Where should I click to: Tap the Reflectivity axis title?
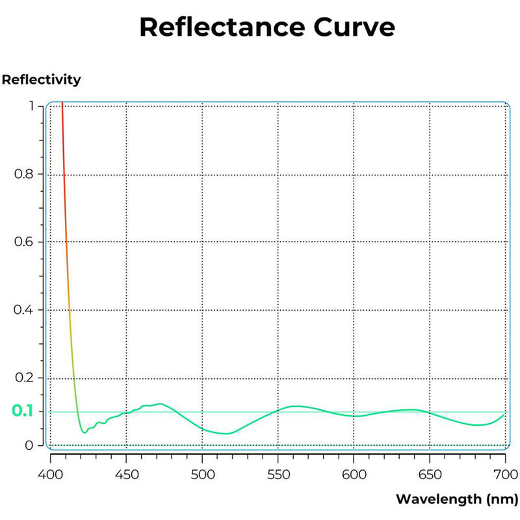click(42, 80)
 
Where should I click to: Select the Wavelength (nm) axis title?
click(456, 499)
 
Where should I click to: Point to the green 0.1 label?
click(22, 411)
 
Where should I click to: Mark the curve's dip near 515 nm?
click(226, 434)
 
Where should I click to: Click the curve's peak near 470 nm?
click(159, 404)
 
